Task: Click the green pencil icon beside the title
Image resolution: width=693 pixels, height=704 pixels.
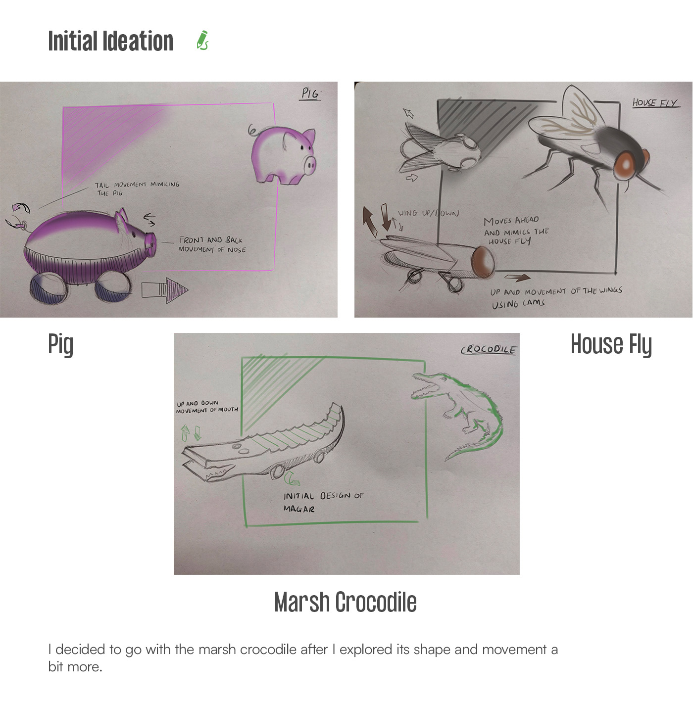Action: pos(202,40)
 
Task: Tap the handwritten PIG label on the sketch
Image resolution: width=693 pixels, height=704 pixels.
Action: pos(310,94)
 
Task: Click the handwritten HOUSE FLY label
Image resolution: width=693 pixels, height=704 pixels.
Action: pos(655,103)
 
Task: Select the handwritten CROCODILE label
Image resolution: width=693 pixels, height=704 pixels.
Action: pos(488,350)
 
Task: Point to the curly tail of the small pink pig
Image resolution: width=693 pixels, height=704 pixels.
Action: pos(252,131)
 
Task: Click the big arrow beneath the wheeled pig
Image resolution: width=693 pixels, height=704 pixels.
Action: pos(165,290)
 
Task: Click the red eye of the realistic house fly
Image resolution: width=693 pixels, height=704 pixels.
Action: pos(627,166)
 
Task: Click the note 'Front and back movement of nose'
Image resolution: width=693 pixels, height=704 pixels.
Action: pos(212,245)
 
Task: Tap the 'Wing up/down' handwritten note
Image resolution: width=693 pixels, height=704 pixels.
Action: pos(428,213)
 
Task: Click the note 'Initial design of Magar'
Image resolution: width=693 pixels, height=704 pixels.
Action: pos(323,502)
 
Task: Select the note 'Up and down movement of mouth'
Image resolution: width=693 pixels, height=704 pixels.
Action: pos(207,407)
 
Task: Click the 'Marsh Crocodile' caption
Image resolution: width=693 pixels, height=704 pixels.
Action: pos(345,602)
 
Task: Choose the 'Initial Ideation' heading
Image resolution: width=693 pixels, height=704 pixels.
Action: pos(110,41)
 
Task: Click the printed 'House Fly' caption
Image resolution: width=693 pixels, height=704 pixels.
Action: pos(611,344)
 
